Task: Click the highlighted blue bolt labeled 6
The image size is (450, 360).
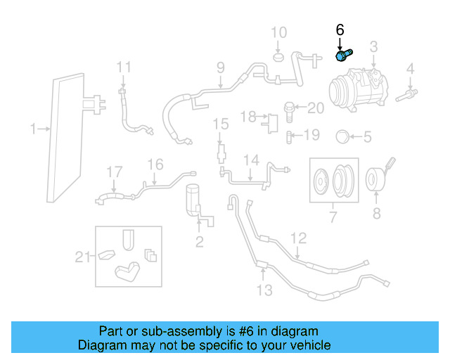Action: click(345, 55)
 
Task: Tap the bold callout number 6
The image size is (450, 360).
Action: click(340, 30)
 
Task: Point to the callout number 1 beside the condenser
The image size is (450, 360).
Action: click(32, 129)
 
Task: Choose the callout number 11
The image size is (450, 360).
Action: click(124, 67)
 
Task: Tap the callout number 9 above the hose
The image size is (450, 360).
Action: click(220, 68)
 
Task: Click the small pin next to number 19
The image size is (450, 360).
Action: click(290, 135)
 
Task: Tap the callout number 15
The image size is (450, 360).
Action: click(221, 124)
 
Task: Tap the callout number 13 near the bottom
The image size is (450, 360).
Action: click(264, 290)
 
